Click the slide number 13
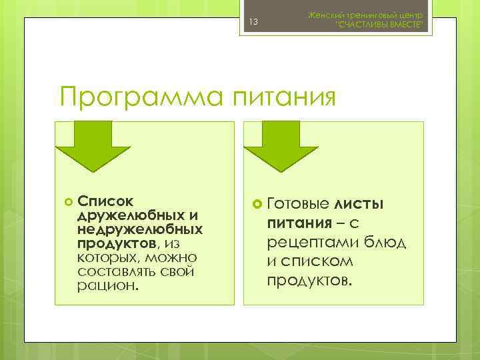point(253,23)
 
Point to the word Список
point(105,201)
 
